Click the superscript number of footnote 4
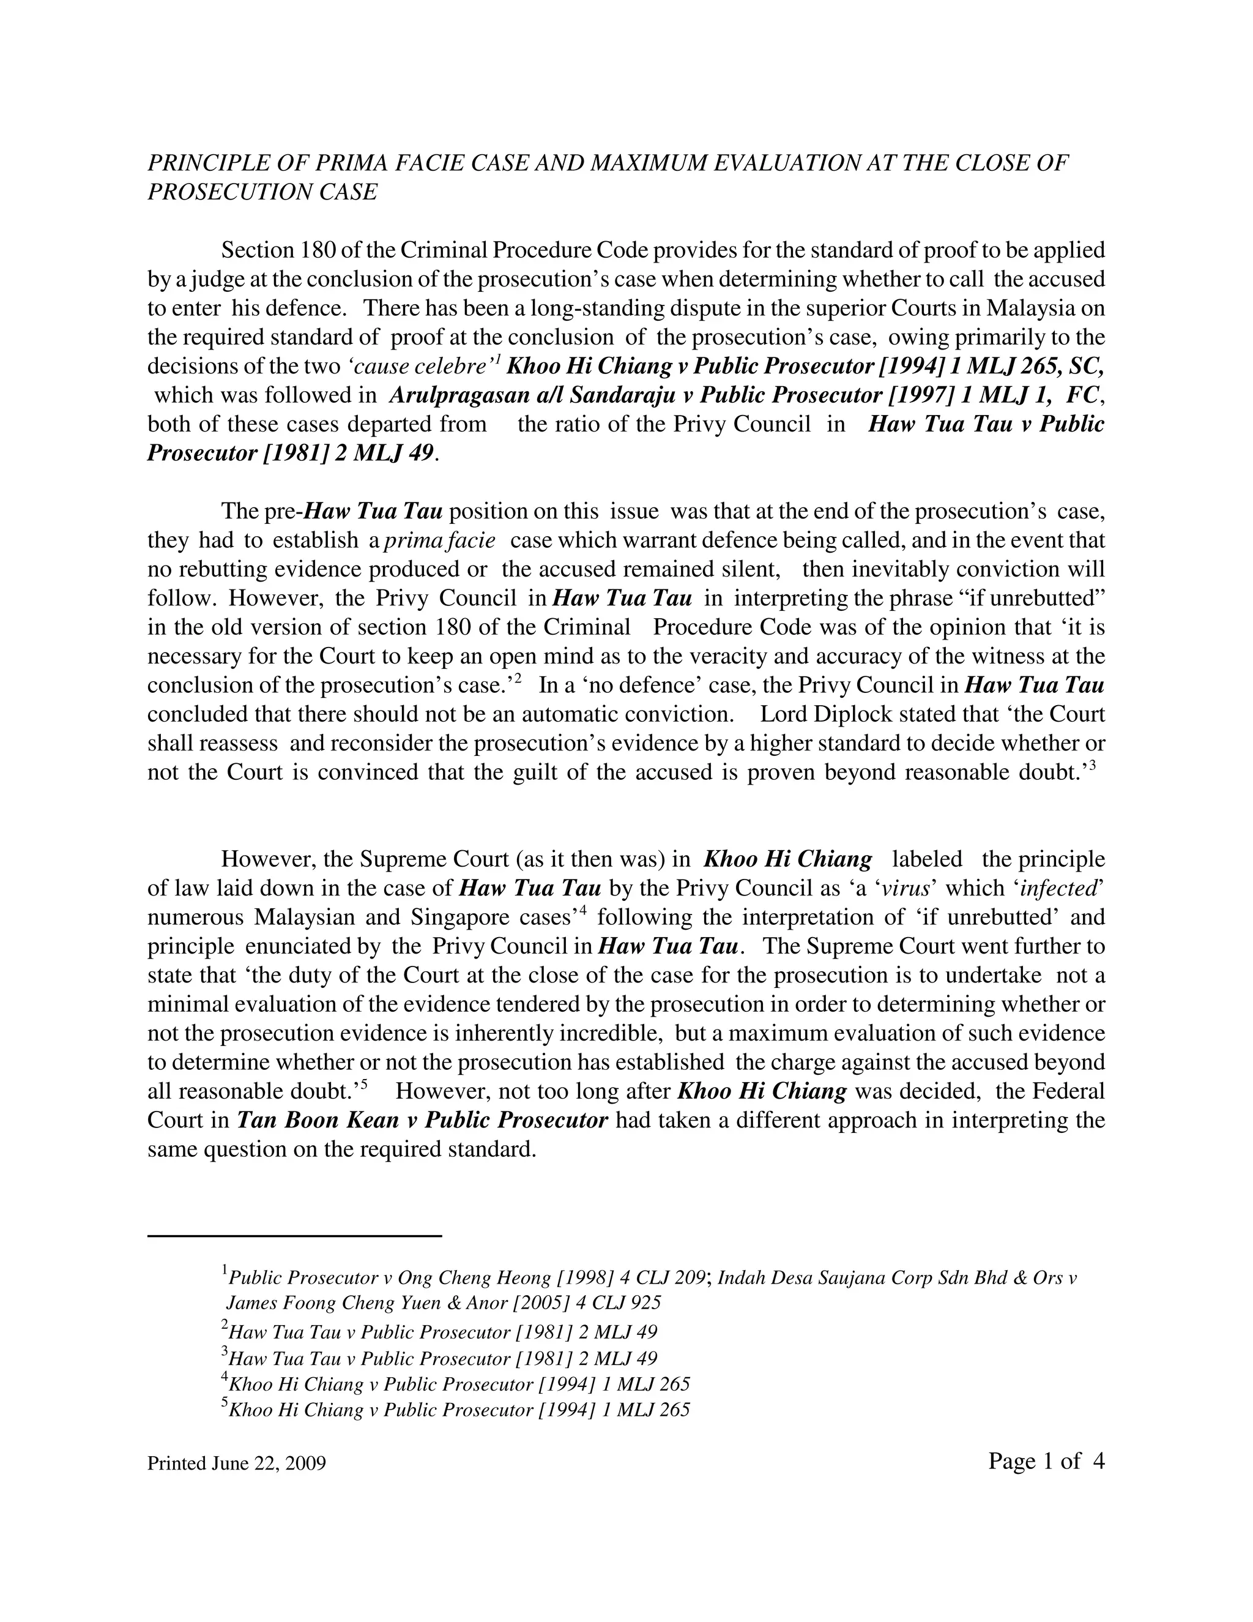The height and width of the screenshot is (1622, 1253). (225, 1378)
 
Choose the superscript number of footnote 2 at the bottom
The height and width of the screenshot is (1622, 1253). (225, 1326)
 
